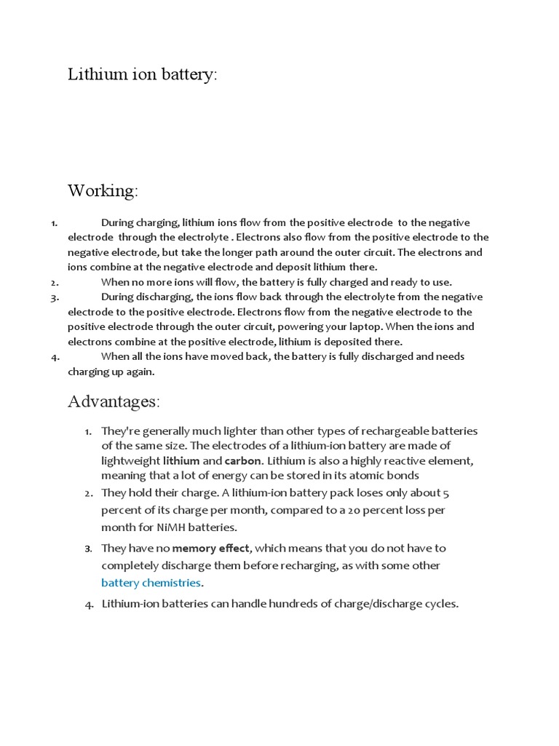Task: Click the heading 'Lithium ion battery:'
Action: click(x=143, y=75)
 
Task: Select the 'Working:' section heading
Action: click(x=103, y=192)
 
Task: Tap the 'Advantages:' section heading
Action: click(x=114, y=401)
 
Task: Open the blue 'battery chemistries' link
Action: click(x=151, y=583)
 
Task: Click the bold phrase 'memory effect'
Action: click(x=210, y=548)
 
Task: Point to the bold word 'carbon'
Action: click(x=242, y=460)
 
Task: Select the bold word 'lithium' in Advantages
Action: click(x=181, y=460)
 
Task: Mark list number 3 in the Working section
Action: click(x=55, y=297)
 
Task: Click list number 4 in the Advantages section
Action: click(x=89, y=604)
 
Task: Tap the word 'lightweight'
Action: click(x=130, y=460)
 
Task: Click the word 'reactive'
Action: click(x=406, y=460)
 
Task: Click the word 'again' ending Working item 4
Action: click(x=141, y=372)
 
